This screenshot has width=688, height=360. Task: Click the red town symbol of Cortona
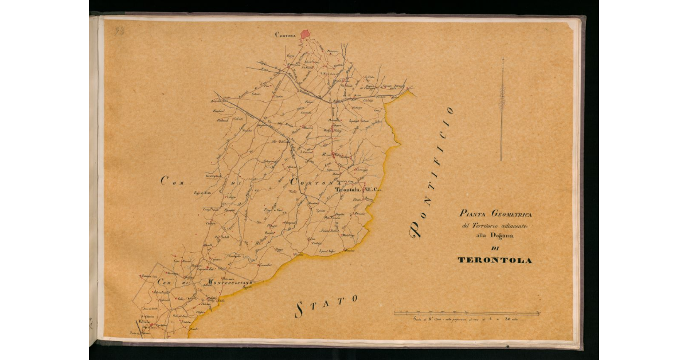305,35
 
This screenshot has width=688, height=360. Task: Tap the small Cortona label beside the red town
285,35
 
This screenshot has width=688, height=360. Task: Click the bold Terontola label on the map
346,189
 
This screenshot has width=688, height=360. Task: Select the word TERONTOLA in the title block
495,260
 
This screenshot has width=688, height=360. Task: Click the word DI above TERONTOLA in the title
495,248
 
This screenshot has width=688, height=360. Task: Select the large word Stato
326,305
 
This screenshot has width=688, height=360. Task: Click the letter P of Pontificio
417,230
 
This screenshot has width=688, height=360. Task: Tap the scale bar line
466,314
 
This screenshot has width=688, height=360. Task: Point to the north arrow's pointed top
502,59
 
